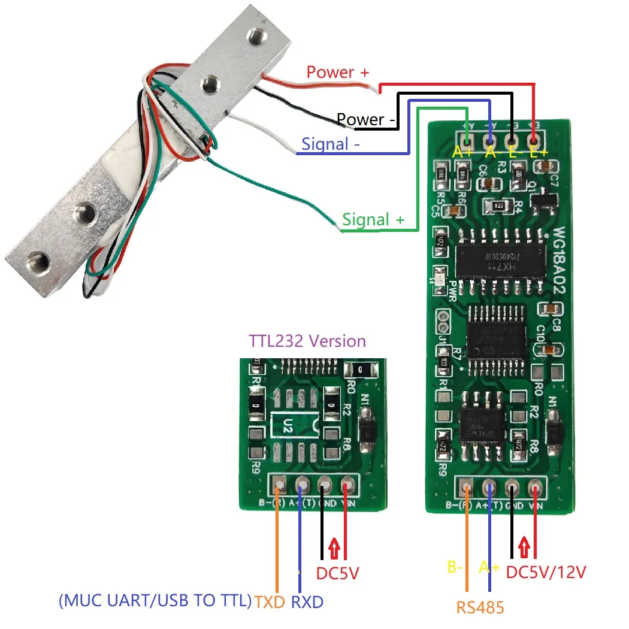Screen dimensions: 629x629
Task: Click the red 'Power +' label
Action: (x=338, y=72)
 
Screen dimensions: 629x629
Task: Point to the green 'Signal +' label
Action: (x=373, y=220)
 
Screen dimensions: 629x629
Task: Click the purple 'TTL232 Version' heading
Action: (x=307, y=341)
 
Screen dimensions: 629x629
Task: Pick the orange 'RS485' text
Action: (x=480, y=608)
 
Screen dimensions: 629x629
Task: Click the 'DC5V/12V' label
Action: (x=546, y=572)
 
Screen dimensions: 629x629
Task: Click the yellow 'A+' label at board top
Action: (x=462, y=153)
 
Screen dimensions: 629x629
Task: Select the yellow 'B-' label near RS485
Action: (x=456, y=567)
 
